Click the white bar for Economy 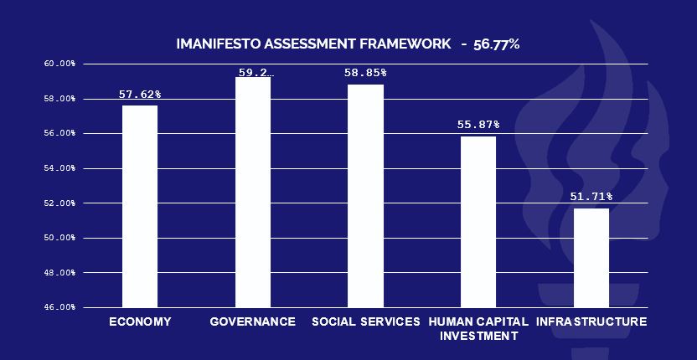pos(140,206)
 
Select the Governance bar pos(253,192)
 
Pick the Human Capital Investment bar pos(478,222)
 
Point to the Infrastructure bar pos(591,258)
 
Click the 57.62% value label pos(140,95)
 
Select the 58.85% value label pos(365,73)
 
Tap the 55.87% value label pos(478,125)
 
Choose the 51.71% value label pos(591,197)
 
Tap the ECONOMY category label pos(140,321)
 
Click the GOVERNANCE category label pos(252,321)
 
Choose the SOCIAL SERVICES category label pos(365,321)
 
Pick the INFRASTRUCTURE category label pos(591,321)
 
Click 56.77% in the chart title pos(496,44)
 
